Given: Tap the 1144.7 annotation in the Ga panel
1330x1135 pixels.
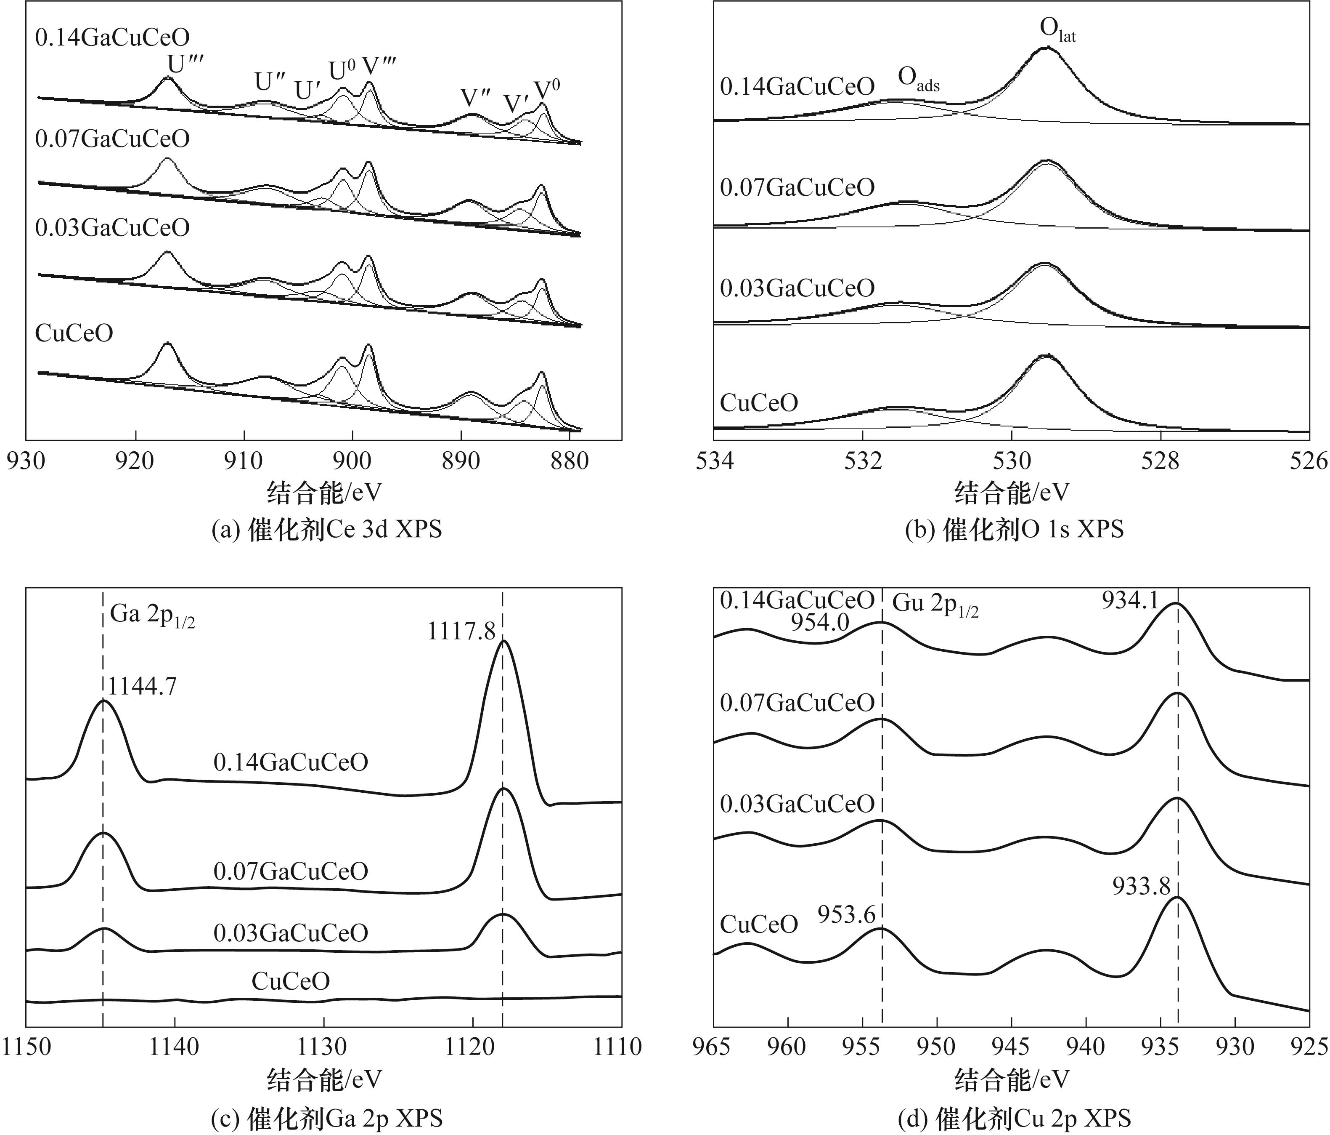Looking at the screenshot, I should (x=141, y=687).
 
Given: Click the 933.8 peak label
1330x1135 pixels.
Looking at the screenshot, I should (x=1141, y=887).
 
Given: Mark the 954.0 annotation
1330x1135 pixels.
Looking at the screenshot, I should (x=820, y=622).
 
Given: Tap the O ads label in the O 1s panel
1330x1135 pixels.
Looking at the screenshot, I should (x=918, y=79).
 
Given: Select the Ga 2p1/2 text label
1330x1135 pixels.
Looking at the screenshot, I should (x=152, y=615).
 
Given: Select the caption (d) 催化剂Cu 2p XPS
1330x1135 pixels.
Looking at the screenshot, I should (x=1014, y=1118).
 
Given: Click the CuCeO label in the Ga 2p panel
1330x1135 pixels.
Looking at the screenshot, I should (x=291, y=981).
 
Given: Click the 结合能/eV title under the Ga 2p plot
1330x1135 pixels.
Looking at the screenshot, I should (x=324, y=1080).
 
